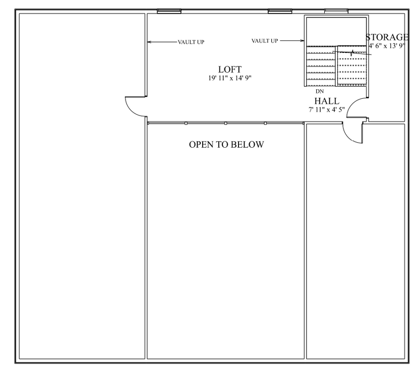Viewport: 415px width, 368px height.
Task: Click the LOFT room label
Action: [x=230, y=70]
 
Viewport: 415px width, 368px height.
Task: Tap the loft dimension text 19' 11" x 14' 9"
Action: [x=230, y=78]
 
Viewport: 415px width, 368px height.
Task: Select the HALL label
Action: [x=327, y=101]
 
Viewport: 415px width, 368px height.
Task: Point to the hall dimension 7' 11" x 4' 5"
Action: [x=327, y=109]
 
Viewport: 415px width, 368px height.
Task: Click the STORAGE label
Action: [x=387, y=37]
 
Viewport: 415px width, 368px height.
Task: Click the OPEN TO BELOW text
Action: [x=226, y=145]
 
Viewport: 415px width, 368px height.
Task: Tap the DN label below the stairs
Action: [x=320, y=92]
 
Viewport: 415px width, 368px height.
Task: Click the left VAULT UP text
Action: [x=191, y=42]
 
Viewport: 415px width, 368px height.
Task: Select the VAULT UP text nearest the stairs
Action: [x=265, y=40]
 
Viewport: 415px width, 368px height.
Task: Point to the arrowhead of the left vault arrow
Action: [x=149, y=42]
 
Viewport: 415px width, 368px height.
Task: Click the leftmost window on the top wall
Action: [x=169, y=11]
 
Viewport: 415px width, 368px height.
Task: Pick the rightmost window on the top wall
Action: [x=336, y=11]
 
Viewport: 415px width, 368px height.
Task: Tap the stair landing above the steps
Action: [x=335, y=32]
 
